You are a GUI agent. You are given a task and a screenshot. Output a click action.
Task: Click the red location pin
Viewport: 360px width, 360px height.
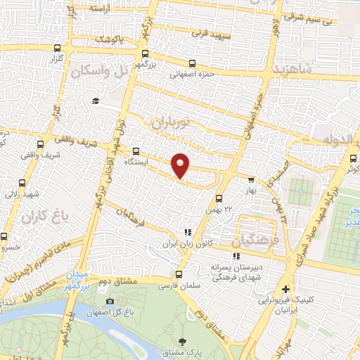point(181,165)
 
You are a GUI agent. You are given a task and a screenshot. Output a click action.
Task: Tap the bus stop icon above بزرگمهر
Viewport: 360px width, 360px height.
point(145,53)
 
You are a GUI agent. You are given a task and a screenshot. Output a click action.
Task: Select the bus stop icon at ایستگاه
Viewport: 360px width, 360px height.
point(136,150)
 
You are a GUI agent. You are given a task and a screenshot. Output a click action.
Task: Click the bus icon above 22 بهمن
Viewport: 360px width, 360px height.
point(219,199)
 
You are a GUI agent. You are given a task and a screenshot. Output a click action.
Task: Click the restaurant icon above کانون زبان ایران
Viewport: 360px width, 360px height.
point(187,232)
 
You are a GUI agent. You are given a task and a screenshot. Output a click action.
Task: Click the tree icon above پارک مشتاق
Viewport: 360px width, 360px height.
point(184,330)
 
